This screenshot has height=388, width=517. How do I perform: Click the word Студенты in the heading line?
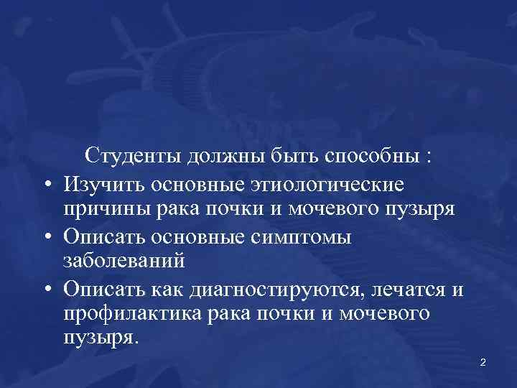coord(134,155)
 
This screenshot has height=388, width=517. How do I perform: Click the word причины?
coord(104,209)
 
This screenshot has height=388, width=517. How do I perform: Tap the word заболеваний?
coord(124,261)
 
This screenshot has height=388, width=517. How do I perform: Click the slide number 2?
coord(483,362)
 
